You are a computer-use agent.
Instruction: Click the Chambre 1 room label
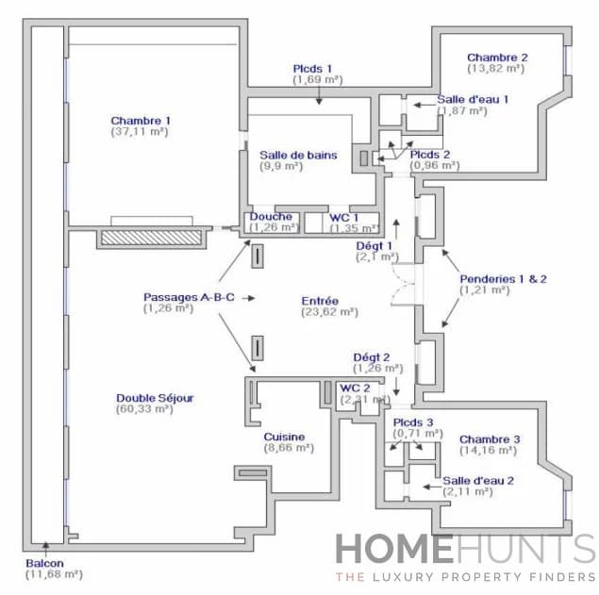141,121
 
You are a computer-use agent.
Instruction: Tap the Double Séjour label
155,398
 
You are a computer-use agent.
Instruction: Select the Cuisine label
284,437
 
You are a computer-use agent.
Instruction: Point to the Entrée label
321,299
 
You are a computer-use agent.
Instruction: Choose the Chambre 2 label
497,58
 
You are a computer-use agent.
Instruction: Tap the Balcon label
45,563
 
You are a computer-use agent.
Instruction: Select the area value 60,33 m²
155,409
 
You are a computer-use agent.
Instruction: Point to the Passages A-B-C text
189,296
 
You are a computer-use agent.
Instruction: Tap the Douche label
271,216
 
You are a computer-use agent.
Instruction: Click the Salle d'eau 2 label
478,480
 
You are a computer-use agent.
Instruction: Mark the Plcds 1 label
312,68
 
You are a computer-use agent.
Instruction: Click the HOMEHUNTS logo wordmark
465,549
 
